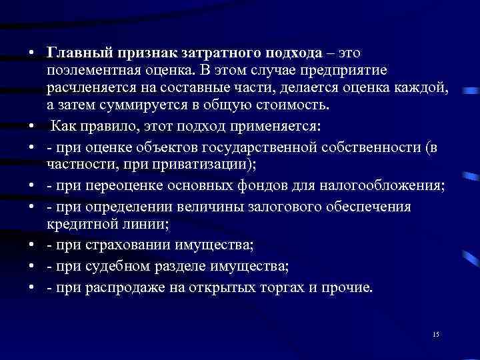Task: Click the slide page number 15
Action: (435, 334)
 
